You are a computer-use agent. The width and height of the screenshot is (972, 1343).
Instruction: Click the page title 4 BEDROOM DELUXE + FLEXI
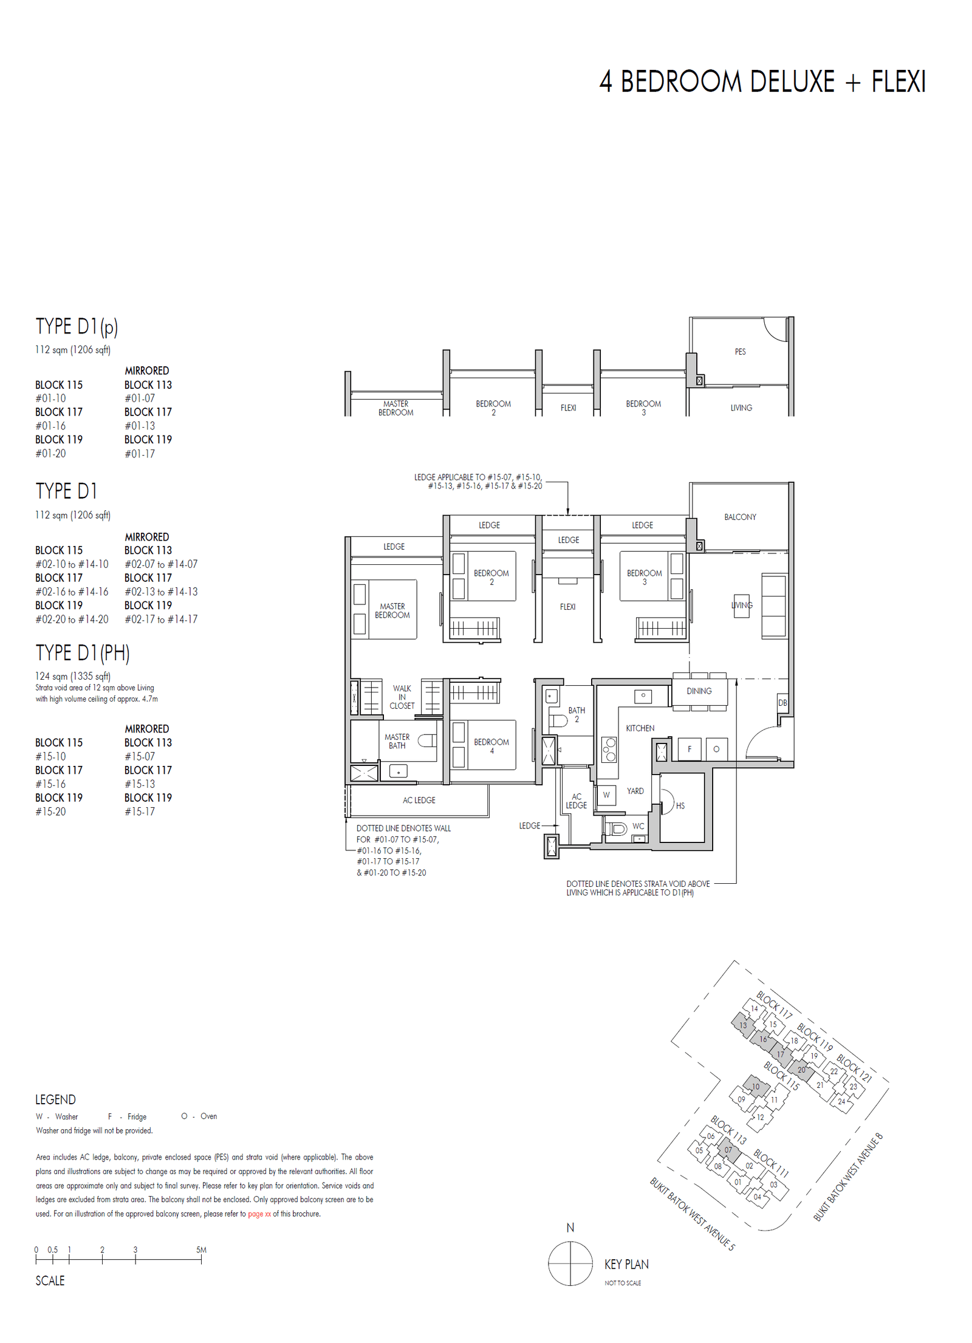762,81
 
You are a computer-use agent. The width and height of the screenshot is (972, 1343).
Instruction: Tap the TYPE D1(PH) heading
83,653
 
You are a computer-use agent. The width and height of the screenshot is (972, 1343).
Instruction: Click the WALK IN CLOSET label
402,697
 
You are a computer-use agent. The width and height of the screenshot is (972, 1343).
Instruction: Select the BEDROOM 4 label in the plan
491,746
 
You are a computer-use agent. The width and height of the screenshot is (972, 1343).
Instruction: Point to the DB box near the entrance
782,703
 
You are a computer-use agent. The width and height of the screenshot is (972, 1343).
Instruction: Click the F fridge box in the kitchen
689,749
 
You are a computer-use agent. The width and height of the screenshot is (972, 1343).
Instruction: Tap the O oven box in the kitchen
716,749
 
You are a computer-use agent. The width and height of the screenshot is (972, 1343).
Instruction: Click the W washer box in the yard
606,795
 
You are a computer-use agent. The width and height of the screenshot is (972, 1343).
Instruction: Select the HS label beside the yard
680,805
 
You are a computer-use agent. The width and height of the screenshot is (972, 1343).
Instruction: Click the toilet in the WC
617,828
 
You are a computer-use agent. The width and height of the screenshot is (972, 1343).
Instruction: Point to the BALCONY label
739,517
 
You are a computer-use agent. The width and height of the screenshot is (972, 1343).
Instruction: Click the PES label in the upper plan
739,352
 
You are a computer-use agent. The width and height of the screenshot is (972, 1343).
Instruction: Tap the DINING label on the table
699,691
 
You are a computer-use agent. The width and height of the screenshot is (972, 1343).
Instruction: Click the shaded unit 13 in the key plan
742,1025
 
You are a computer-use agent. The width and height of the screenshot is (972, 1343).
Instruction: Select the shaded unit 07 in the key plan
728,1150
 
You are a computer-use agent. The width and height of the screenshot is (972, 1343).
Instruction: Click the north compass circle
570,1263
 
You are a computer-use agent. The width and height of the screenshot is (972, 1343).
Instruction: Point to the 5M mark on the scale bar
201,1250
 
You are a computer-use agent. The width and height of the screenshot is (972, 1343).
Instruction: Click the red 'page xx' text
259,1214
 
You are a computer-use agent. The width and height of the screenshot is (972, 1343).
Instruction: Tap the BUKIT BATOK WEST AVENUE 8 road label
847,1177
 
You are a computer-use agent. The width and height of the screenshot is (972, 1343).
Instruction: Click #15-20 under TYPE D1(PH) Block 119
50,812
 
